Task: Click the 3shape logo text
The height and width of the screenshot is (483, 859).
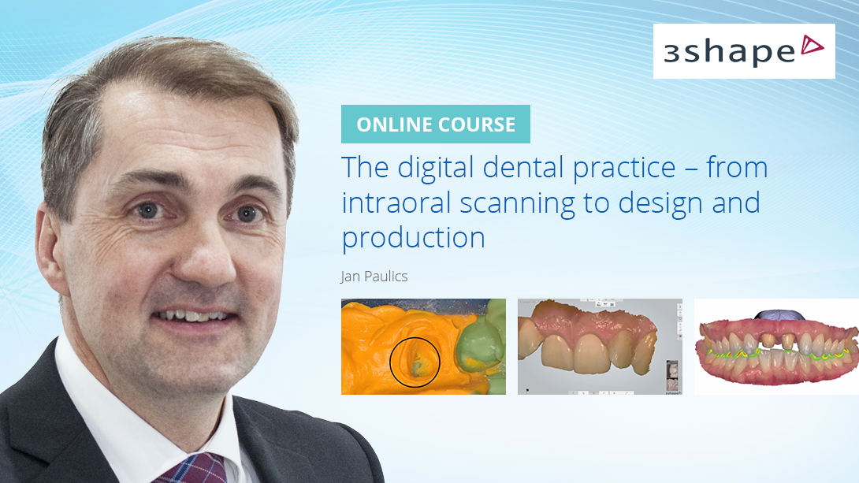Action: point(728,52)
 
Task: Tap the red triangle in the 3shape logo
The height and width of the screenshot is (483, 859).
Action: point(812,46)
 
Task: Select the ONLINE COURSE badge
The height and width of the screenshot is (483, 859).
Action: point(436,124)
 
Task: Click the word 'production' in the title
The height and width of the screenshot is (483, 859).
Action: point(413,237)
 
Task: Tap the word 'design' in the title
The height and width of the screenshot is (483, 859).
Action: point(657,203)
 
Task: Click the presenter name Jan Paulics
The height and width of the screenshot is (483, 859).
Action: point(374,277)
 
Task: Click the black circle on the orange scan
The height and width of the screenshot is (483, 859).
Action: point(415,362)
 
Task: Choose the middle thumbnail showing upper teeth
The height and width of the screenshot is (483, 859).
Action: point(600,346)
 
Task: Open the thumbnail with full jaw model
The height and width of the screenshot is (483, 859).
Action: point(775,347)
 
